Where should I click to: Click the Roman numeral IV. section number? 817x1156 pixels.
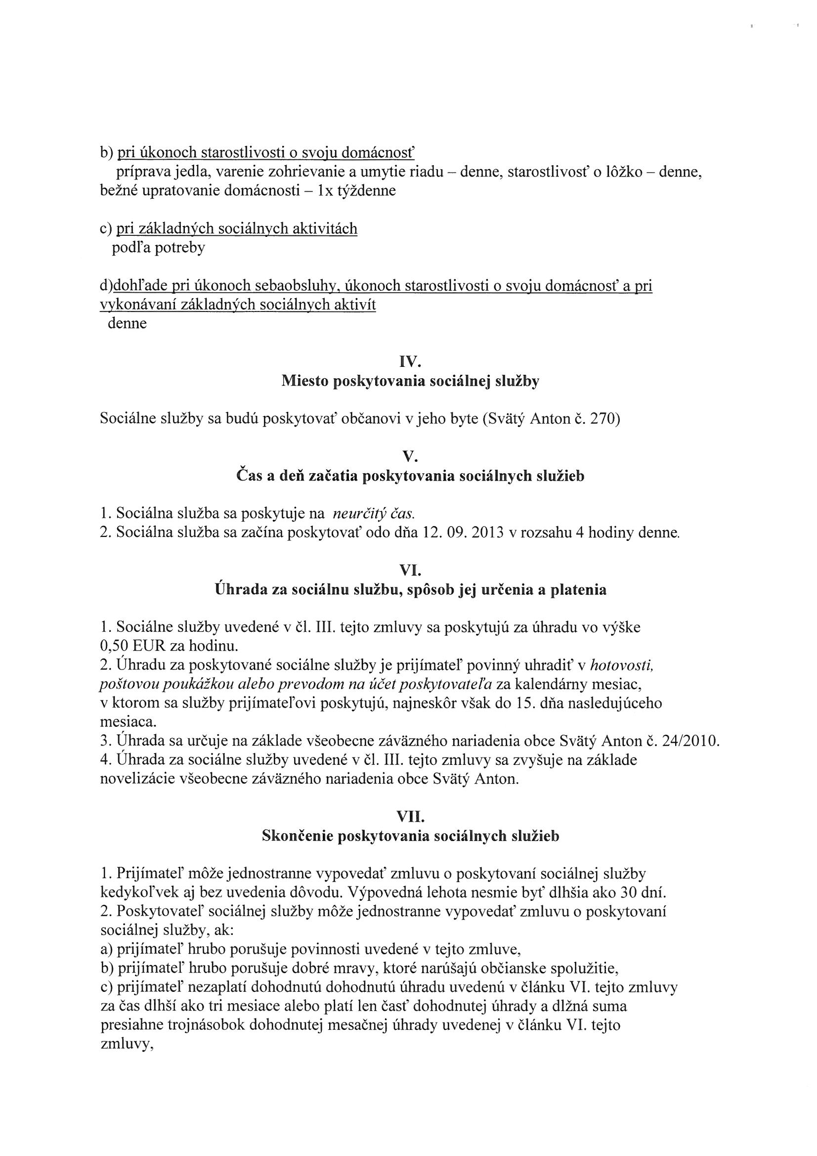click(x=409, y=362)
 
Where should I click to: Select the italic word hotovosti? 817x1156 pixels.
click(x=621, y=666)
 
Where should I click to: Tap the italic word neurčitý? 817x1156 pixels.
click(x=358, y=514)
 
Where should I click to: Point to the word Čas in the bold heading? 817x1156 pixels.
click(x=249, y=476)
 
